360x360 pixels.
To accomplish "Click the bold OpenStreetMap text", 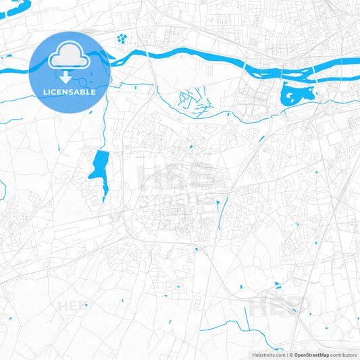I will coord(311,355).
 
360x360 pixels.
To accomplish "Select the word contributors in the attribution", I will coord(343,355).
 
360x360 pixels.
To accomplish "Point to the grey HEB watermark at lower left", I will coord(72,306).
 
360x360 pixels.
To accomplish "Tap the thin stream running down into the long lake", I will coord(103,128).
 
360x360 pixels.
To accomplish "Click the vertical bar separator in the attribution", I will coord(288,355).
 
